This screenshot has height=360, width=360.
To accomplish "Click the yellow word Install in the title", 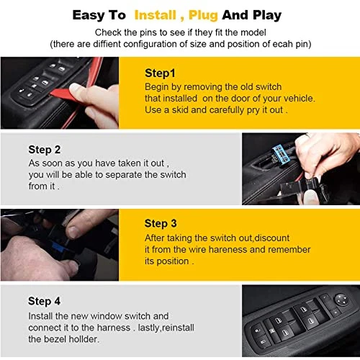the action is (x=156, y=15).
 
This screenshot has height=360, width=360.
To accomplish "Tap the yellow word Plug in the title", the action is (x=203, y=16).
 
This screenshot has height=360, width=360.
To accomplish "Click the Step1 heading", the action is (x=160, y=73).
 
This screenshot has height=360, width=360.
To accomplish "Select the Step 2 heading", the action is (x=45, y=150).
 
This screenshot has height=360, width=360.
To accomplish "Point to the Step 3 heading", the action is (x=161, y=224).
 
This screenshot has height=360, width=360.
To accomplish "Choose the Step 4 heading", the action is (x=44, y=302).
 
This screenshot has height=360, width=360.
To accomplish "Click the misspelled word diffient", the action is (x=107, y=44).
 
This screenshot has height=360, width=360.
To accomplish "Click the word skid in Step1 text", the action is (x=180, y=110).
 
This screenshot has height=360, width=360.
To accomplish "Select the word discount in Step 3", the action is (x=272, y=238).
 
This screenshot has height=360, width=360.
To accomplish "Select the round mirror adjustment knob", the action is (x=342, y=300).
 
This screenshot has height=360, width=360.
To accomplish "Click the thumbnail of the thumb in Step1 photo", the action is (x=75, y=88).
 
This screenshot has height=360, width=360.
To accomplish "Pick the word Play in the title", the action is (x=267, y=16).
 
